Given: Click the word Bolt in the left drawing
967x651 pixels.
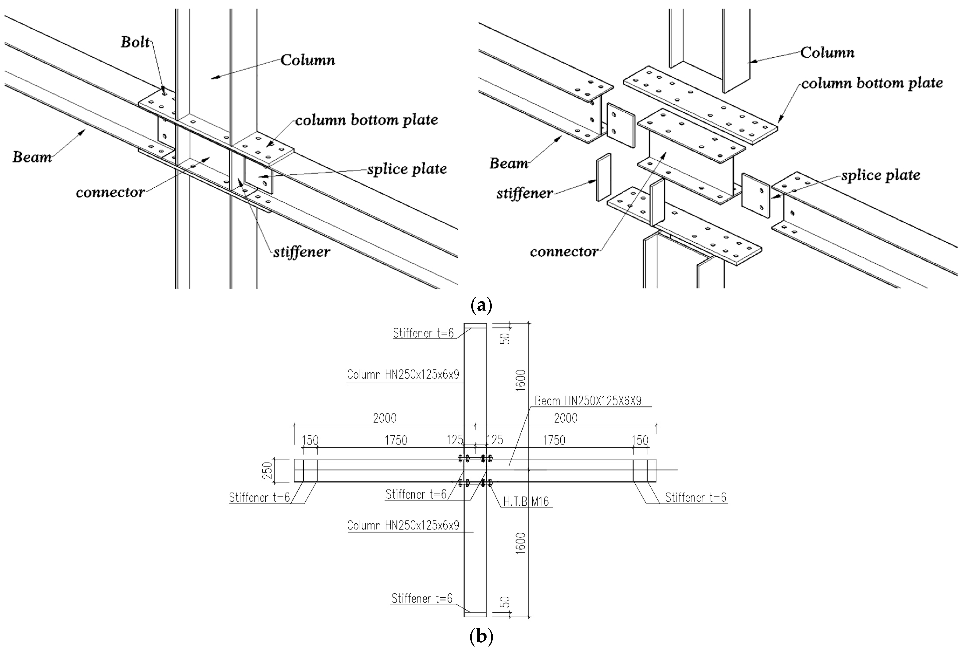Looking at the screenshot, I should [135, 42].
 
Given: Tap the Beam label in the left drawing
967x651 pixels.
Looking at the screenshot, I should [32, 157].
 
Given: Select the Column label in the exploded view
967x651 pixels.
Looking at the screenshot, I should [827, 52].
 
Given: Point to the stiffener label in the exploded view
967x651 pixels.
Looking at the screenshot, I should [525, 193].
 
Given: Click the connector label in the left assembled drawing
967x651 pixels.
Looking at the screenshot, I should [110, 192].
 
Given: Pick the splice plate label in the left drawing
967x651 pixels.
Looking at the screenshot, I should [407, 169].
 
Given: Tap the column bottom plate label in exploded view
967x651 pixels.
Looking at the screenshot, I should [872, 83].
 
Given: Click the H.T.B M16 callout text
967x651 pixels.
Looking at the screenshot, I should [526, 501].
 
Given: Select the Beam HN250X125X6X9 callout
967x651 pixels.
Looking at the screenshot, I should [588, 401].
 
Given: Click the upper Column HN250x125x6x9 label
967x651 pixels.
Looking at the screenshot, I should [403, 375].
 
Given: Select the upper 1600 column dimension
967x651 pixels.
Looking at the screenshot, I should [520, 380].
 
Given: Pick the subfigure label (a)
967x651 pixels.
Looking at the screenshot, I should [481, 305].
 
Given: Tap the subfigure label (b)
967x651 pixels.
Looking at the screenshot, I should [481, 636].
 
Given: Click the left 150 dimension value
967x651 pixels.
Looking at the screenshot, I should [310, 440].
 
